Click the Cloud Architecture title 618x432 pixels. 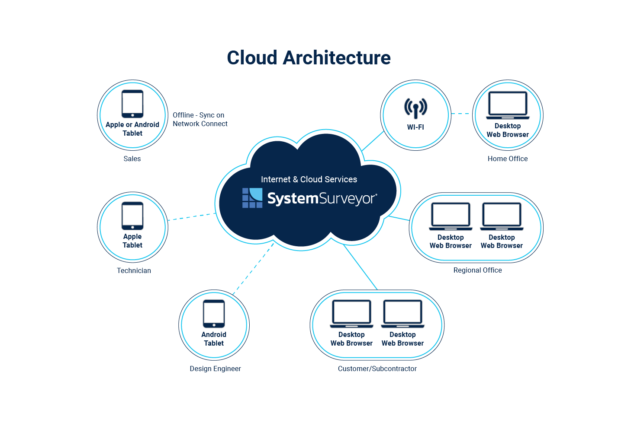coord(309,58)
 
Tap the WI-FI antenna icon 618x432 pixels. coord(415,108)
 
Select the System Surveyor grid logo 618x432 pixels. coord(252,198)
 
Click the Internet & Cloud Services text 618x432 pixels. coord(309,179)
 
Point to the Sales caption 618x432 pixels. coord(132,159)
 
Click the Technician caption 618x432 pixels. coord(134,270)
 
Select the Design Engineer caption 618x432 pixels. coord(215,368)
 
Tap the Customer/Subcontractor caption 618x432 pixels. coord(377,368)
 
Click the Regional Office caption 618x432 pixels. coord(477,270)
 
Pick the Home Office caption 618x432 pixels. coord(508,159)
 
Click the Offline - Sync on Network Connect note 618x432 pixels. coord(200,119)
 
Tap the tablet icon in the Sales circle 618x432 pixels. coord(132,104)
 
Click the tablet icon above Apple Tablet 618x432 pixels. coord(132,216)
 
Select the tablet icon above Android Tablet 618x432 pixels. coord(214,314)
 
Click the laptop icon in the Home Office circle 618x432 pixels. coord(508,105)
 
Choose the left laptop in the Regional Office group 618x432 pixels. coord(451,216)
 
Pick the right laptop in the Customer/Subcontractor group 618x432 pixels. coord(402,314)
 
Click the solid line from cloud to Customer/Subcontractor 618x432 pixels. coord(360,267)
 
